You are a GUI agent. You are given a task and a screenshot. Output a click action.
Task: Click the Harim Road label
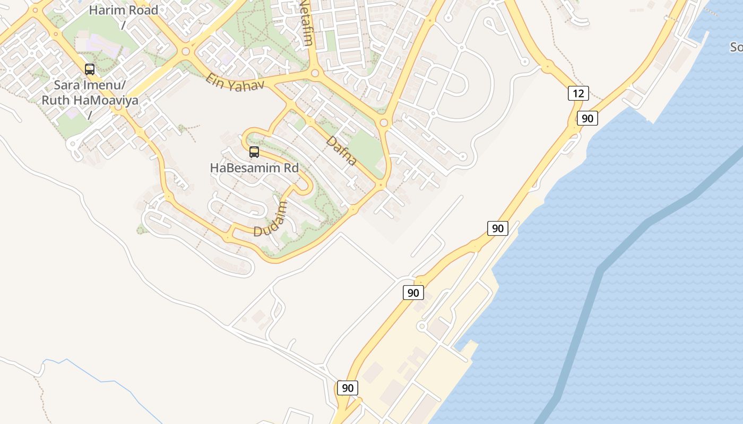(x=123, y=10)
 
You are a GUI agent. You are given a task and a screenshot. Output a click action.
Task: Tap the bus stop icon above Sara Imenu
(x=90, y=69)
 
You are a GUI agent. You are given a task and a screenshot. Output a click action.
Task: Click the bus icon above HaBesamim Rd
(x=254, y=152)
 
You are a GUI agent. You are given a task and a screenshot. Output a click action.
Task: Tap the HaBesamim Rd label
(x=254, y=168)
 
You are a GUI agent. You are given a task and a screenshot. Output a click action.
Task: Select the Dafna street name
(x=341, y=151)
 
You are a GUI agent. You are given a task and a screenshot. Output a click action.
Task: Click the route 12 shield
(x=578, y=94)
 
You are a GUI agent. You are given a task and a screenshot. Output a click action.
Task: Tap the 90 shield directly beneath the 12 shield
(x=588, y=119)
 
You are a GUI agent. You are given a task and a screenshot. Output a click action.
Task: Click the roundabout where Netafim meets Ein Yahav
(x=315, y=73)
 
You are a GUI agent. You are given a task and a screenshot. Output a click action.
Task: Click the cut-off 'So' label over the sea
(x=736, y=47)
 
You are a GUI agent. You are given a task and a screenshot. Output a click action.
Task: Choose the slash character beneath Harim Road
(x=123, y=24)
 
